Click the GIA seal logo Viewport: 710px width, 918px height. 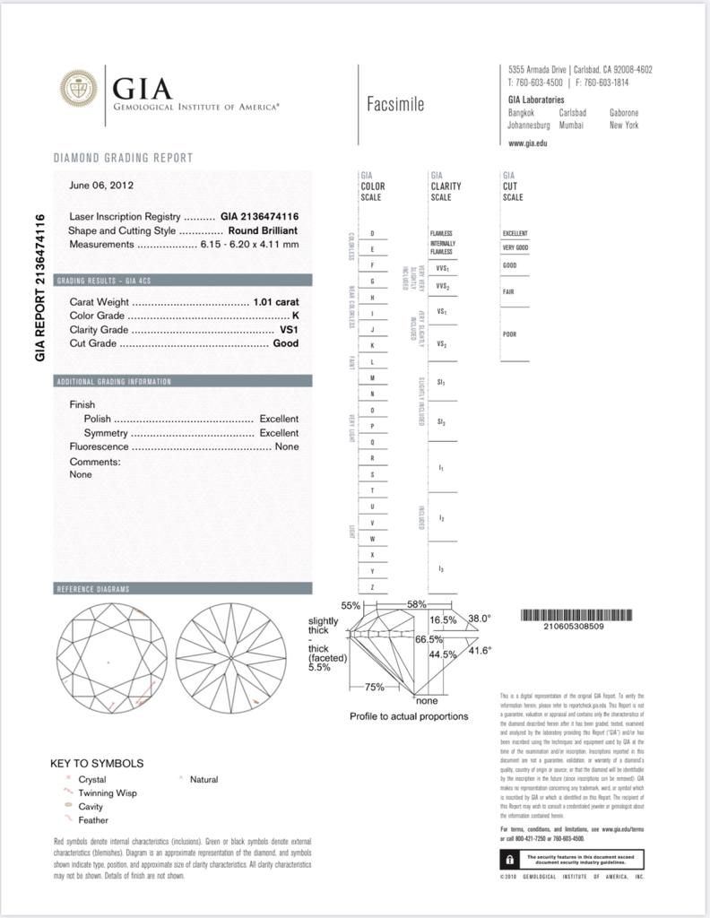tap(78, 88)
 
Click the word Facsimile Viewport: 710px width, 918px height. tap(395, 104)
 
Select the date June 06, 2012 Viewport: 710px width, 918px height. tap(101, 186)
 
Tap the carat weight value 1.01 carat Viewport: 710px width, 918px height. tap(276, 302)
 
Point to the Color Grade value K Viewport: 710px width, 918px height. tap(295, 316)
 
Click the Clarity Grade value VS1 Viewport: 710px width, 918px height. tap(289, 330)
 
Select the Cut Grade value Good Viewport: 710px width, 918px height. tap(286, 343)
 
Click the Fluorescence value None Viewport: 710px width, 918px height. tap(287, 446)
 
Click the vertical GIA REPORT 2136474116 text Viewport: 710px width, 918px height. tap(40, 287)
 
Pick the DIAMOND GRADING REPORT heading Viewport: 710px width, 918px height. tap(123, 158)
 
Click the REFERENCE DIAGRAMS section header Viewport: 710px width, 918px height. tap(93, 589)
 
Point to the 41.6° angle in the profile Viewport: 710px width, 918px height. tap(480, 651)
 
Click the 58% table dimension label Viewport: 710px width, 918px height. tap(417, 604)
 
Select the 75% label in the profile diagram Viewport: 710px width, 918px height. tap(374, 687)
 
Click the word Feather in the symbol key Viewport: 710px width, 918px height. tap(93, 820)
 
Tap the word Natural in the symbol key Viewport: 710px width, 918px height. tap(203, 780)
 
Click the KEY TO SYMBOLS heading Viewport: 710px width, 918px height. tap(97, 764)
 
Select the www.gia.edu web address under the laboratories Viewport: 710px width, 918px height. tap(527, 143)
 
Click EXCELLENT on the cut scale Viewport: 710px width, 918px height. tap(515, 233)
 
